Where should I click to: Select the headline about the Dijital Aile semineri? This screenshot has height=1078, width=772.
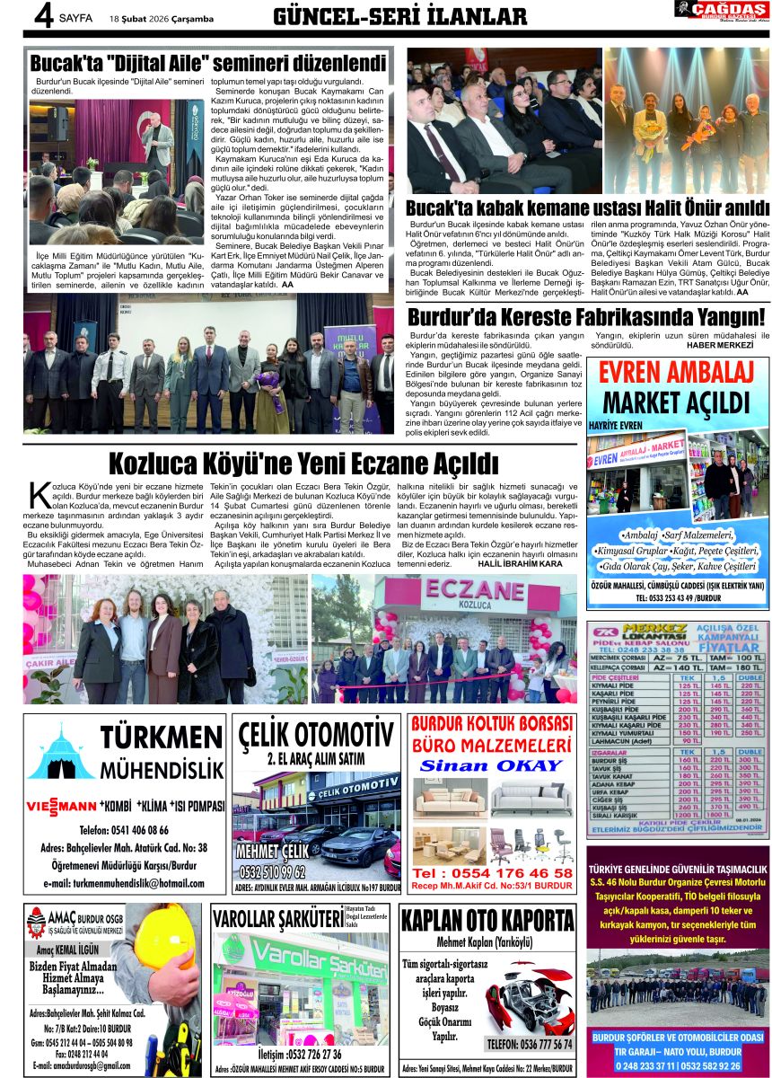coord(208,64)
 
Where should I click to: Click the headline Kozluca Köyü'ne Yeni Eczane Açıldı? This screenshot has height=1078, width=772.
coord(303,464)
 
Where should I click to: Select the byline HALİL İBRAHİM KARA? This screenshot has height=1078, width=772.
coord(526,564)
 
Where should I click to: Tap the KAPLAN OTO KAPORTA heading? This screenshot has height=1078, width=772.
coord(487,921)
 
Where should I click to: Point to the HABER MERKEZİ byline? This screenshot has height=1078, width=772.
coord(720,345)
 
